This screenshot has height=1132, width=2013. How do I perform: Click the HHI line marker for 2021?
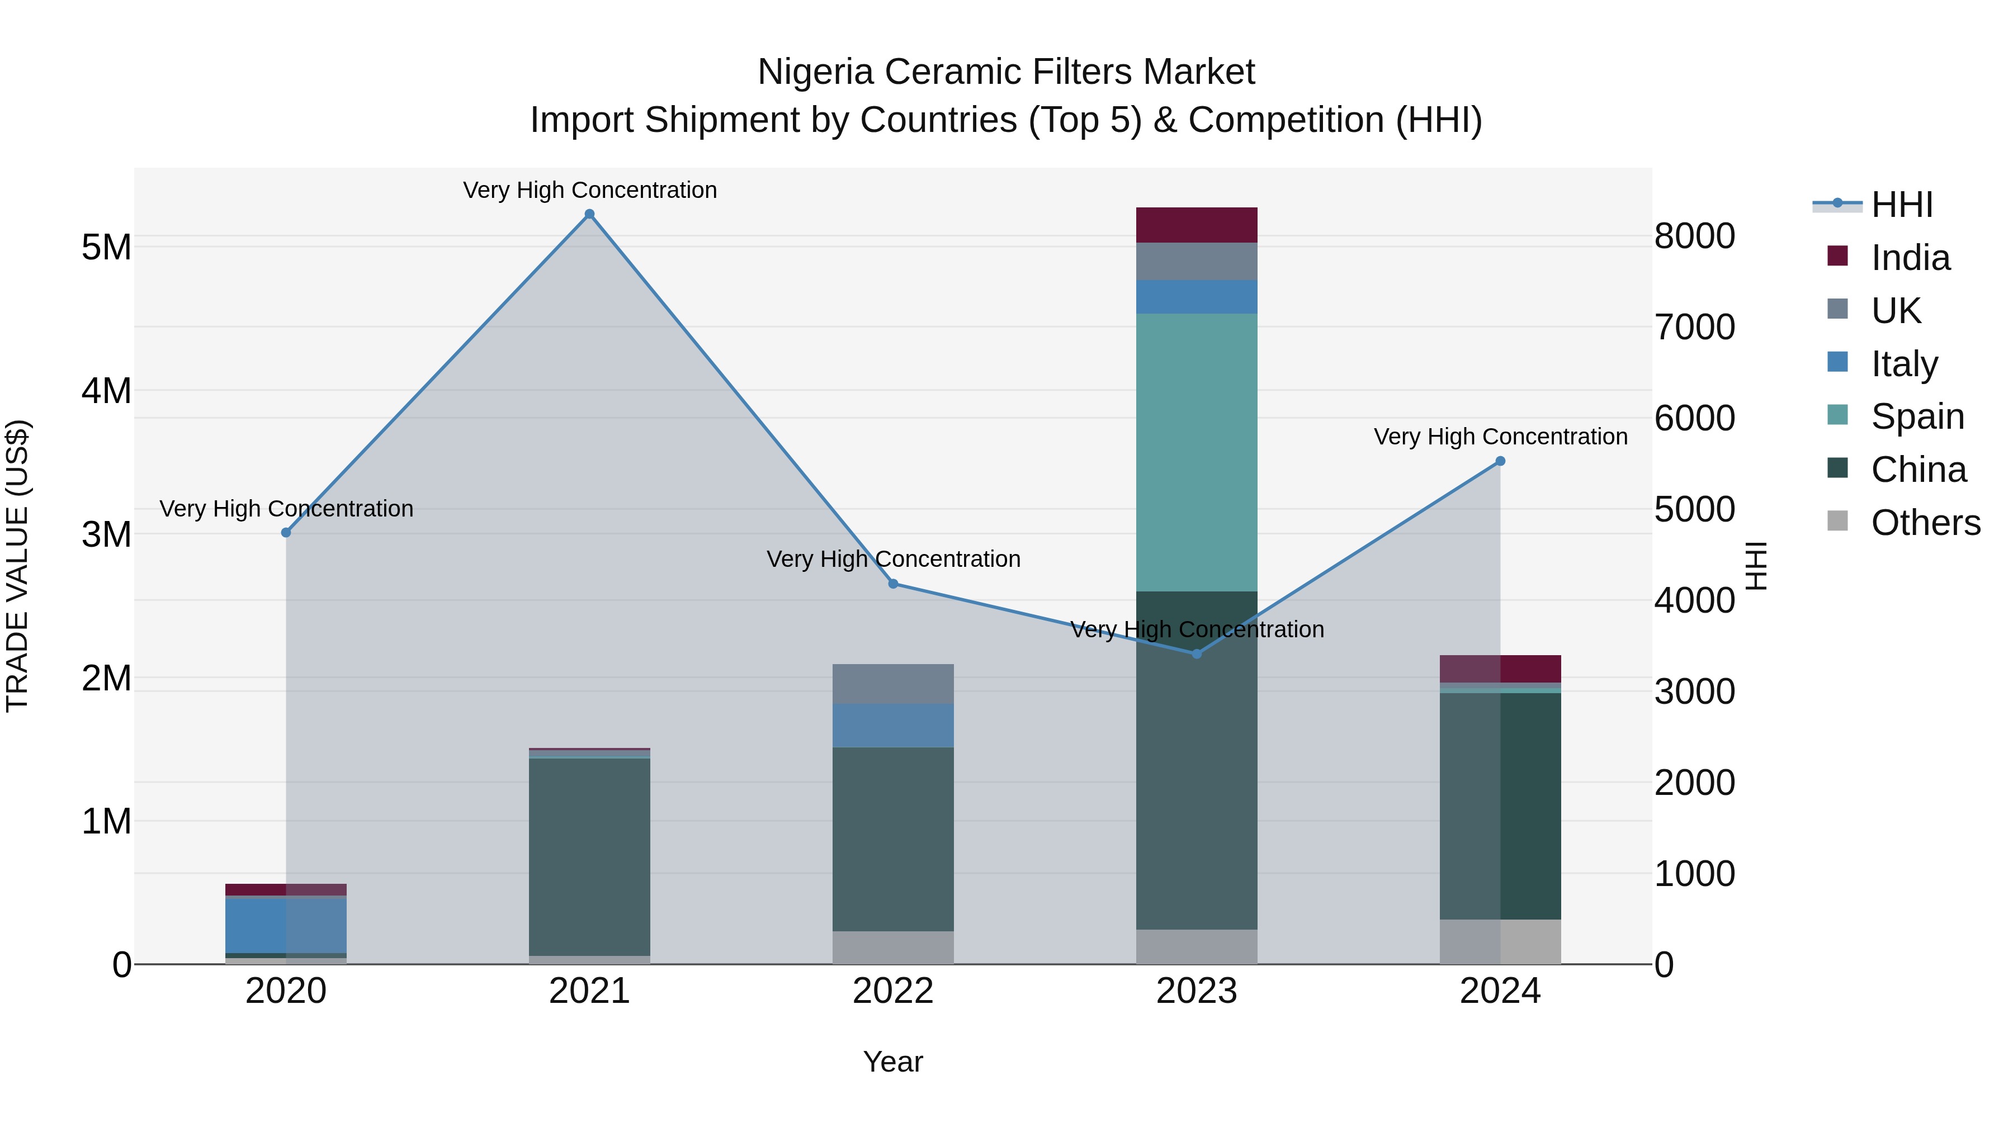tap(589, 214)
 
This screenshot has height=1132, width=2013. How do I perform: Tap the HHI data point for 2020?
tap(286, 533)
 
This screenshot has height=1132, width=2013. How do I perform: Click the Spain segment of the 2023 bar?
tap(1197, 453)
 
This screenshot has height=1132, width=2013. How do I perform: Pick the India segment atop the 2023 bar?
tap(1197, 225)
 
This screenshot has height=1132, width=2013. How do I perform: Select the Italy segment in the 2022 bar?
tap(892, 725)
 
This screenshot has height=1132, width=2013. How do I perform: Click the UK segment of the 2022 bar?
tap(892, 684)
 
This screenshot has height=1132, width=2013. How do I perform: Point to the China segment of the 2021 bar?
tap(589, 855)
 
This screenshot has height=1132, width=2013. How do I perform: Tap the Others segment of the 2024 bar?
tap(1500, 941)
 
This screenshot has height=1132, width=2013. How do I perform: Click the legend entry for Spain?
tap(1916, 416)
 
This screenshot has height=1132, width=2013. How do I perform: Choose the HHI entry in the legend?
tap(1901, 205)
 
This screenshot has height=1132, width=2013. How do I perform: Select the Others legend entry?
tap(1925, 523)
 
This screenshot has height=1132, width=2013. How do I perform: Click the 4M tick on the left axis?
tap(106, 391)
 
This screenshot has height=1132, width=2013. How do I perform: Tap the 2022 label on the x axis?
tap(892, 991)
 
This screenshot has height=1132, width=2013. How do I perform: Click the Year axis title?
tap(892, 1062)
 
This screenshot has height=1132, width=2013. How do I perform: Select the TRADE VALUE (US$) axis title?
tap(17, 566)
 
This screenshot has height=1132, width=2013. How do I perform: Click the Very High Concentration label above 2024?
tap(1500, 437)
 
